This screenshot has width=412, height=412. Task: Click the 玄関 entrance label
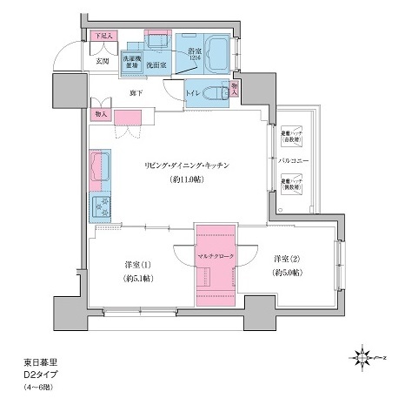point(103,62)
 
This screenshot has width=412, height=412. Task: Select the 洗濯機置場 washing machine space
point(130,63)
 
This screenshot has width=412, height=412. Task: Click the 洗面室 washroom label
point(156,64)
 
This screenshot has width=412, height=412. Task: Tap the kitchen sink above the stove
point(99,165)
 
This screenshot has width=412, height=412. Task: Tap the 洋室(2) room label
point(287,259)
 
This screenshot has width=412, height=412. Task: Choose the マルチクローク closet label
point(215,259)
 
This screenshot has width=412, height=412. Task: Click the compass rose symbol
point(361,357)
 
